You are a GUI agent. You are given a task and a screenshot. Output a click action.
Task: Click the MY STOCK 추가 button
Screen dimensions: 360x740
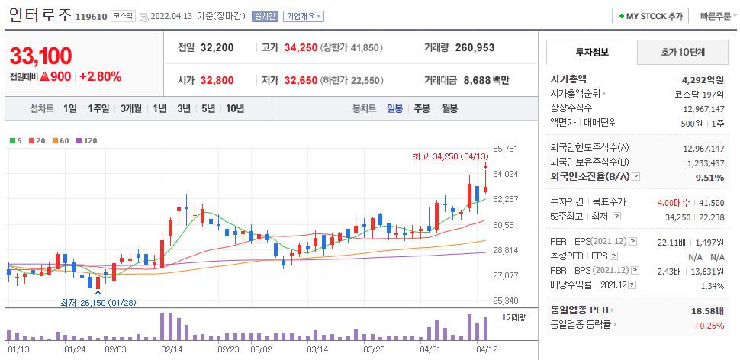650,16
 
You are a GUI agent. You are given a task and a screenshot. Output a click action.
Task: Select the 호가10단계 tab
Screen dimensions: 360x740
683,53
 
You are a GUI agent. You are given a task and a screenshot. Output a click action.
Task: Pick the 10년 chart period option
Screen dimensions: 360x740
234,108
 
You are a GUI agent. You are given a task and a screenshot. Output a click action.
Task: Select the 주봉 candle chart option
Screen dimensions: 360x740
422,108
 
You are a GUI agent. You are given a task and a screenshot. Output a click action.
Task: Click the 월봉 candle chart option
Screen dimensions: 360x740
449,108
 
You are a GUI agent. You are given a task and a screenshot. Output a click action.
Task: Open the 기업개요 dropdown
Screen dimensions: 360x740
303,16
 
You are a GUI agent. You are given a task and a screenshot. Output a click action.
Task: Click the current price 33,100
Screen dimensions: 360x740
40,56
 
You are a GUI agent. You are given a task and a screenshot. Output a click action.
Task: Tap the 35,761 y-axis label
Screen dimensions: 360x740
506,149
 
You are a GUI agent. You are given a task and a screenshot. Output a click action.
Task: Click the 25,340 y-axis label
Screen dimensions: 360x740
506,301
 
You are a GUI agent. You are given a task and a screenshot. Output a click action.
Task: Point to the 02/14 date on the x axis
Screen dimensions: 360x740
172,349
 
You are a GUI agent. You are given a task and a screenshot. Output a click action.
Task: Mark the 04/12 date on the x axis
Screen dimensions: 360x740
487,349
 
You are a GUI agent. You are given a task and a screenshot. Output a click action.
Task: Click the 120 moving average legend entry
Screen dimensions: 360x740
86,140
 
